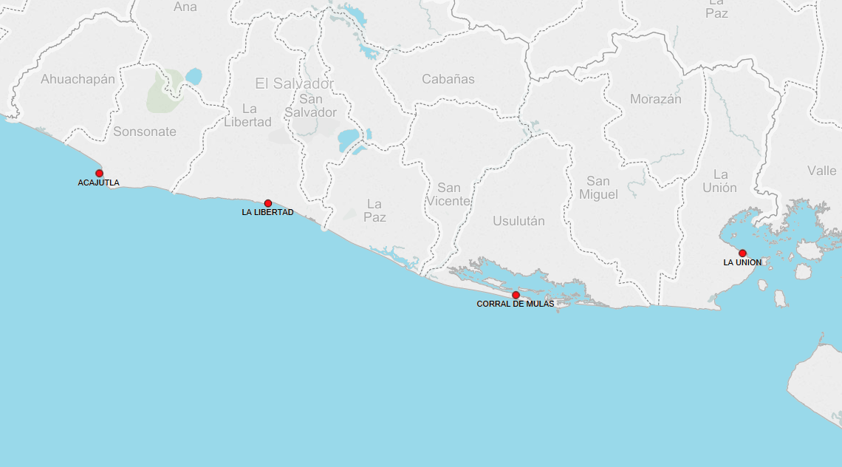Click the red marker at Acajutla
pyautogui.click(x=99, y=173)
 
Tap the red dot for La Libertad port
pyautogui.click(x=268, y=203)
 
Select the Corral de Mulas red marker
pyautogui.click(x=516, y=295)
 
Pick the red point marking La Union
pyautogui.click(x=742, y=253)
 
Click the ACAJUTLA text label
pyautogui.click(x=98, y=183)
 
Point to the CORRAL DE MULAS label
pyautogui.click(x=515, y=304)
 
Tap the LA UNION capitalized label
pyautogui.click(x=742, y=262)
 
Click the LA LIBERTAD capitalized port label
pyautogui.click(x=267, y=212)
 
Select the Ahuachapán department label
pyautogui.click(x=78, y=79)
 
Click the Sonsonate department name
pyautogui.click(x=145, y=132)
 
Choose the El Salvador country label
pyautogui.click(x=295, y=83)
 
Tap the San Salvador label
pyautogui.click(x=310, y=106)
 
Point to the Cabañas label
pyautogui.click(x=448, y=79)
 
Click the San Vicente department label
pyautogui.click(x=448, y=194)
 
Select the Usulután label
pyautogui.click(x=518, y=221)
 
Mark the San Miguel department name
pyautogui.click(x=598, y=188)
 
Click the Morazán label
pyautogui.click(x=656, y=99)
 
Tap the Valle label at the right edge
pyautogui.click(x=822, y=171)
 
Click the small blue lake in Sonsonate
pyautogui.click(x=194, y=76)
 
